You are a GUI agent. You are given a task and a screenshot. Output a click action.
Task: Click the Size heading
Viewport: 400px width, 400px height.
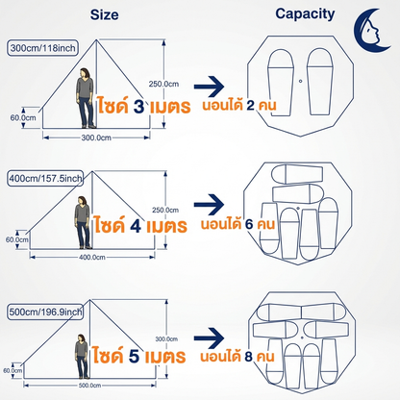tap(104, 14)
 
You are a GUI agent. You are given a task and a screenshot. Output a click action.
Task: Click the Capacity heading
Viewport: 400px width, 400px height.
tap(305, 14)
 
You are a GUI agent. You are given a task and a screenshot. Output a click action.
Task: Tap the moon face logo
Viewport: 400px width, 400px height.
tap(372, 31)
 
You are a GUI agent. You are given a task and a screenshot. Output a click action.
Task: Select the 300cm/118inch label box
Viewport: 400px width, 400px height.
tap(42, 48)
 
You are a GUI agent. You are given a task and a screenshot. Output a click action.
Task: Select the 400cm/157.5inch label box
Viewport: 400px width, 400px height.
tap(45, 178)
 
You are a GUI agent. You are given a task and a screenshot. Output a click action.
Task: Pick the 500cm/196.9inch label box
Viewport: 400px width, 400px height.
tap(45, 312)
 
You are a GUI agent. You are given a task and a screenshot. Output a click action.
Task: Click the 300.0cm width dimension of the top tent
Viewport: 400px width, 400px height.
tap(96, 137)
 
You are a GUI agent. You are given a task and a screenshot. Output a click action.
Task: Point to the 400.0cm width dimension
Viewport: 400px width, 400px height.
tap(92, 257)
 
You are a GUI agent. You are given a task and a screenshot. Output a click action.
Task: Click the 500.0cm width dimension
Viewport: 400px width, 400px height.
tap(89, 386)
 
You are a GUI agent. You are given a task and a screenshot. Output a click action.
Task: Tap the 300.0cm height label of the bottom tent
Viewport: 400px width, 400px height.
tap(166, 338)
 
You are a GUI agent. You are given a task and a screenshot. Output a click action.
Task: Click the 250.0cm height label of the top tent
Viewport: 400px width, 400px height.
tap(163, 84)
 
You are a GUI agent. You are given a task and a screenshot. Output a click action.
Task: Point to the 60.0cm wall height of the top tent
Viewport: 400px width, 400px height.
tap(23, 117)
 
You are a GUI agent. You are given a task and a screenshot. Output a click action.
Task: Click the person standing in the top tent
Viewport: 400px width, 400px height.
tap(86, 98)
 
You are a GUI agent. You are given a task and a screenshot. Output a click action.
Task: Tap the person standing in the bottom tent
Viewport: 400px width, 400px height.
tap(82, 357)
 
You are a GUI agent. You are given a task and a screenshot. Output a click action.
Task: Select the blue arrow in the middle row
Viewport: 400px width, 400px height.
tap(209, 205)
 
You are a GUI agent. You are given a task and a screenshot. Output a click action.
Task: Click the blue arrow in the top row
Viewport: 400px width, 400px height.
tap(209, 87)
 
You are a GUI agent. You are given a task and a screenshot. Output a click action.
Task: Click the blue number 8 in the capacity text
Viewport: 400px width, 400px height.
tap(249, 357)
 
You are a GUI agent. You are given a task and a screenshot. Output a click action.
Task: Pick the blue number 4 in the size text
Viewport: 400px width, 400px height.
tap(136, 226)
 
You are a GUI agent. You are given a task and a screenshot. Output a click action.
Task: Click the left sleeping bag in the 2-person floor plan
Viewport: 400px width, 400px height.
tap(281, 82)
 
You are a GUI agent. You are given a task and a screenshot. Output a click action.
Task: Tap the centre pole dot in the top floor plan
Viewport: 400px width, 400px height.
tap(300, 81)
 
